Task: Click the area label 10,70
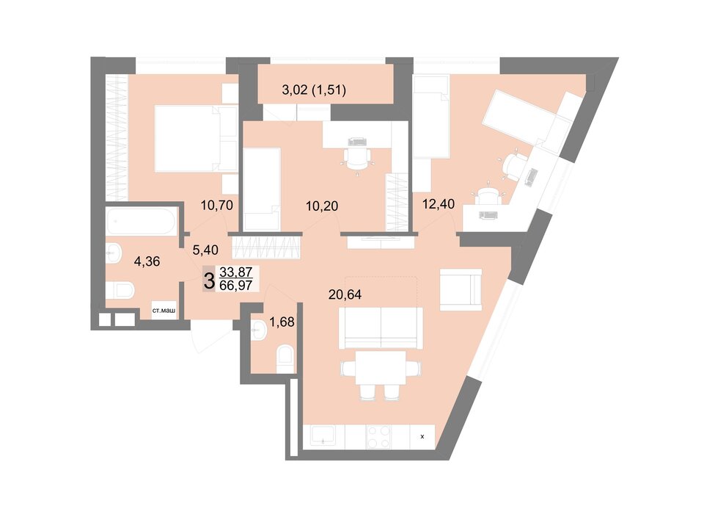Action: pos(216,204)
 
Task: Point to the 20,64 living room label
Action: pos(345,294)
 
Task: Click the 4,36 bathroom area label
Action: pos(147,261)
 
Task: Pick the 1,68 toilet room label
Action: pos(282,322)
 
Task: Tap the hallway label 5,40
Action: pos(205,250)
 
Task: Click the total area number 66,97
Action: pos(236,285)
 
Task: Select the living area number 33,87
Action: pos(236,272)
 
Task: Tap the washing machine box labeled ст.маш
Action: pos(164,311)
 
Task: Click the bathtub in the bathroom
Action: pos(142,222)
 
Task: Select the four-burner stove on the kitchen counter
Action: pos(378,437)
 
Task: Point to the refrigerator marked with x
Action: pos(422,437)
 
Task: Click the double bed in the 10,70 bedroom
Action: pos(196,139)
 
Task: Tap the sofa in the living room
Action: pos(381,327)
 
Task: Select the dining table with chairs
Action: pos(381,374)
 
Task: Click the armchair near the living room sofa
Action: pos(461,289)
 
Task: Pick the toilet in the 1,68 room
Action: pos(285,359)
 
